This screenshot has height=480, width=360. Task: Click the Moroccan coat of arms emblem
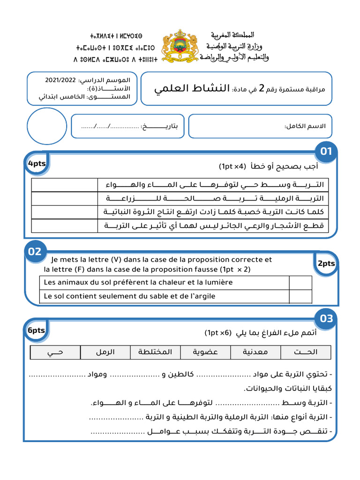[180, 46]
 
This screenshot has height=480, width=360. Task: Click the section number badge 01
[326, 151]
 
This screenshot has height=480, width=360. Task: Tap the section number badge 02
[35, 252]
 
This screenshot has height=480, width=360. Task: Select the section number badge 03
[326, 319]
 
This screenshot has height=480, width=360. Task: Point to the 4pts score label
[37, 164]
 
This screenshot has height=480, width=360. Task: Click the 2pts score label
[326, 263]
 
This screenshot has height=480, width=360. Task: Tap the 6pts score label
[36, 330]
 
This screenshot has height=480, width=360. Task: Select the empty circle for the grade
[47, 126]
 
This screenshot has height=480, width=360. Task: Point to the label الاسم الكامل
[305, 127]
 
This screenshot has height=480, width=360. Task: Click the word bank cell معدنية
[256, 352]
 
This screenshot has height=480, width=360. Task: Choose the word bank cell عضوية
[205, 352]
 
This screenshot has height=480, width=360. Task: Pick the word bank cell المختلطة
[155, 352]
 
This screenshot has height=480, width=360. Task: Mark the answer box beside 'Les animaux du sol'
[300, 283]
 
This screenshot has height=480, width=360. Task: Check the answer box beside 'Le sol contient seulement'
[300, 296]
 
